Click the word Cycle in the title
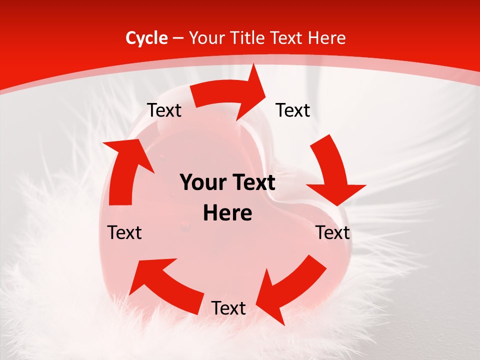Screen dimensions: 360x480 [x=146, y=38]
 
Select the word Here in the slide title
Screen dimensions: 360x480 [x=327, y=38]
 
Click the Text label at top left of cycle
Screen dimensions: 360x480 [x=164, y=110]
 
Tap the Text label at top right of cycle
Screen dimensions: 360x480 [x=293, y=110]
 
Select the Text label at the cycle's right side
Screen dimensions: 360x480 [x=333, y=232]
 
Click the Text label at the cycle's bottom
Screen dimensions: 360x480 [x=228, y=308]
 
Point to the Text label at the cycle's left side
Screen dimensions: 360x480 [x=124, y=232]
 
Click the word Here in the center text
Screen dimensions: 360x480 [x=227, y=213]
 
